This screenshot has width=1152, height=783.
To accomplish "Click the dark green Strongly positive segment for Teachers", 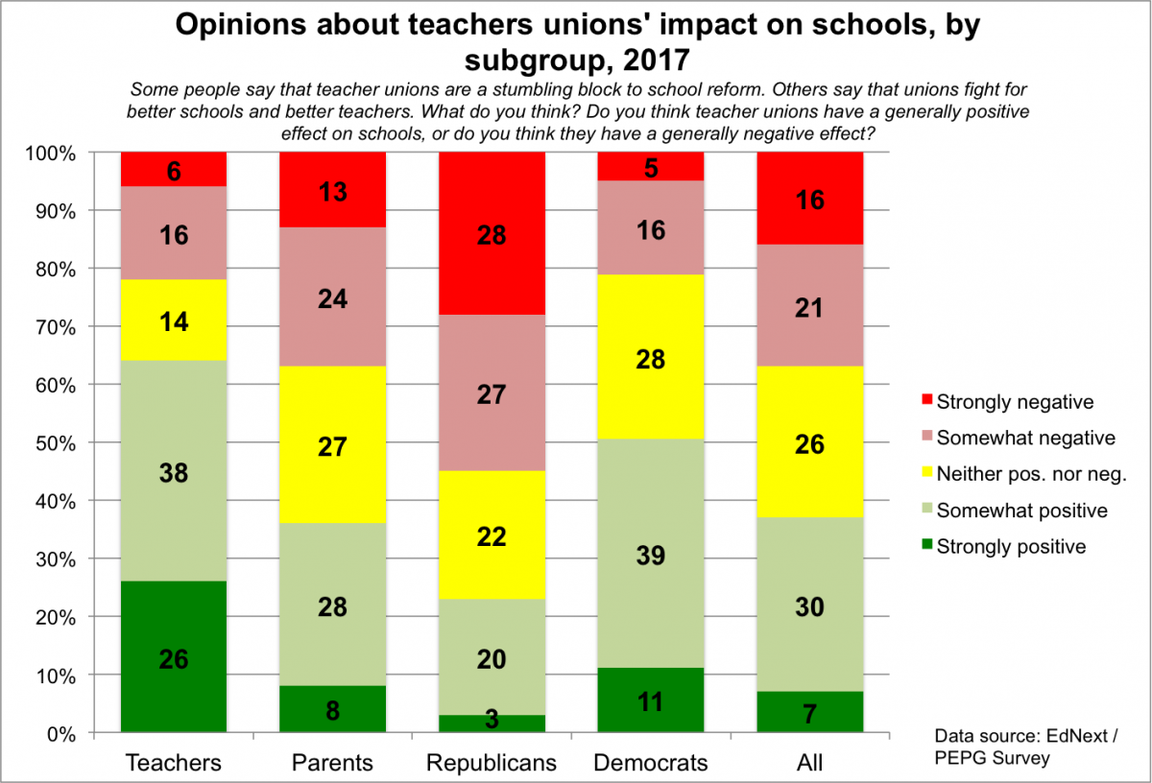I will (x=174, y=657).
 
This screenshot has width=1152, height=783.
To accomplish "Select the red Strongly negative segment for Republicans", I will (x=492, y=233).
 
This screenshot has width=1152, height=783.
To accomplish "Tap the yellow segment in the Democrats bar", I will (x=651, y=359).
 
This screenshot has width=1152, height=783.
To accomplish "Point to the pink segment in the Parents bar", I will (x=332, y=297).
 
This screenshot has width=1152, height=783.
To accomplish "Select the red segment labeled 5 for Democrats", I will (x=651, y=167).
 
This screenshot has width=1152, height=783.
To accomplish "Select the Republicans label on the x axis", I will (x=492, y=763).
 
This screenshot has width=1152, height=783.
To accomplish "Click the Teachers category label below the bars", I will (x=174, y=763).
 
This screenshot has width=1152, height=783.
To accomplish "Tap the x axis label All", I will (x=810, y=763).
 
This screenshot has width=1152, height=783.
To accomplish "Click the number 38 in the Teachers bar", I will (x=174, y=472).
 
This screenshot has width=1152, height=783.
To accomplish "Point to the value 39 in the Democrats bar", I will (x=651, y=556).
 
